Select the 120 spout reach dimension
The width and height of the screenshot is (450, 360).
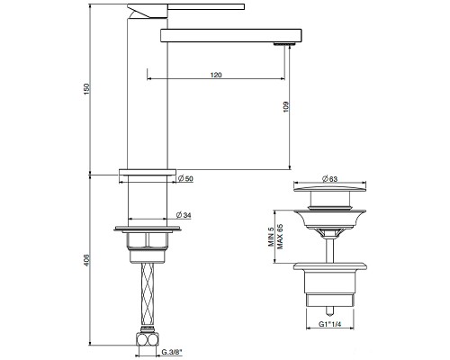point(216,75)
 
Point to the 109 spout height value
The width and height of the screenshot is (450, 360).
point(285,104)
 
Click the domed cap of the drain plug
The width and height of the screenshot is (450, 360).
point(334,192)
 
